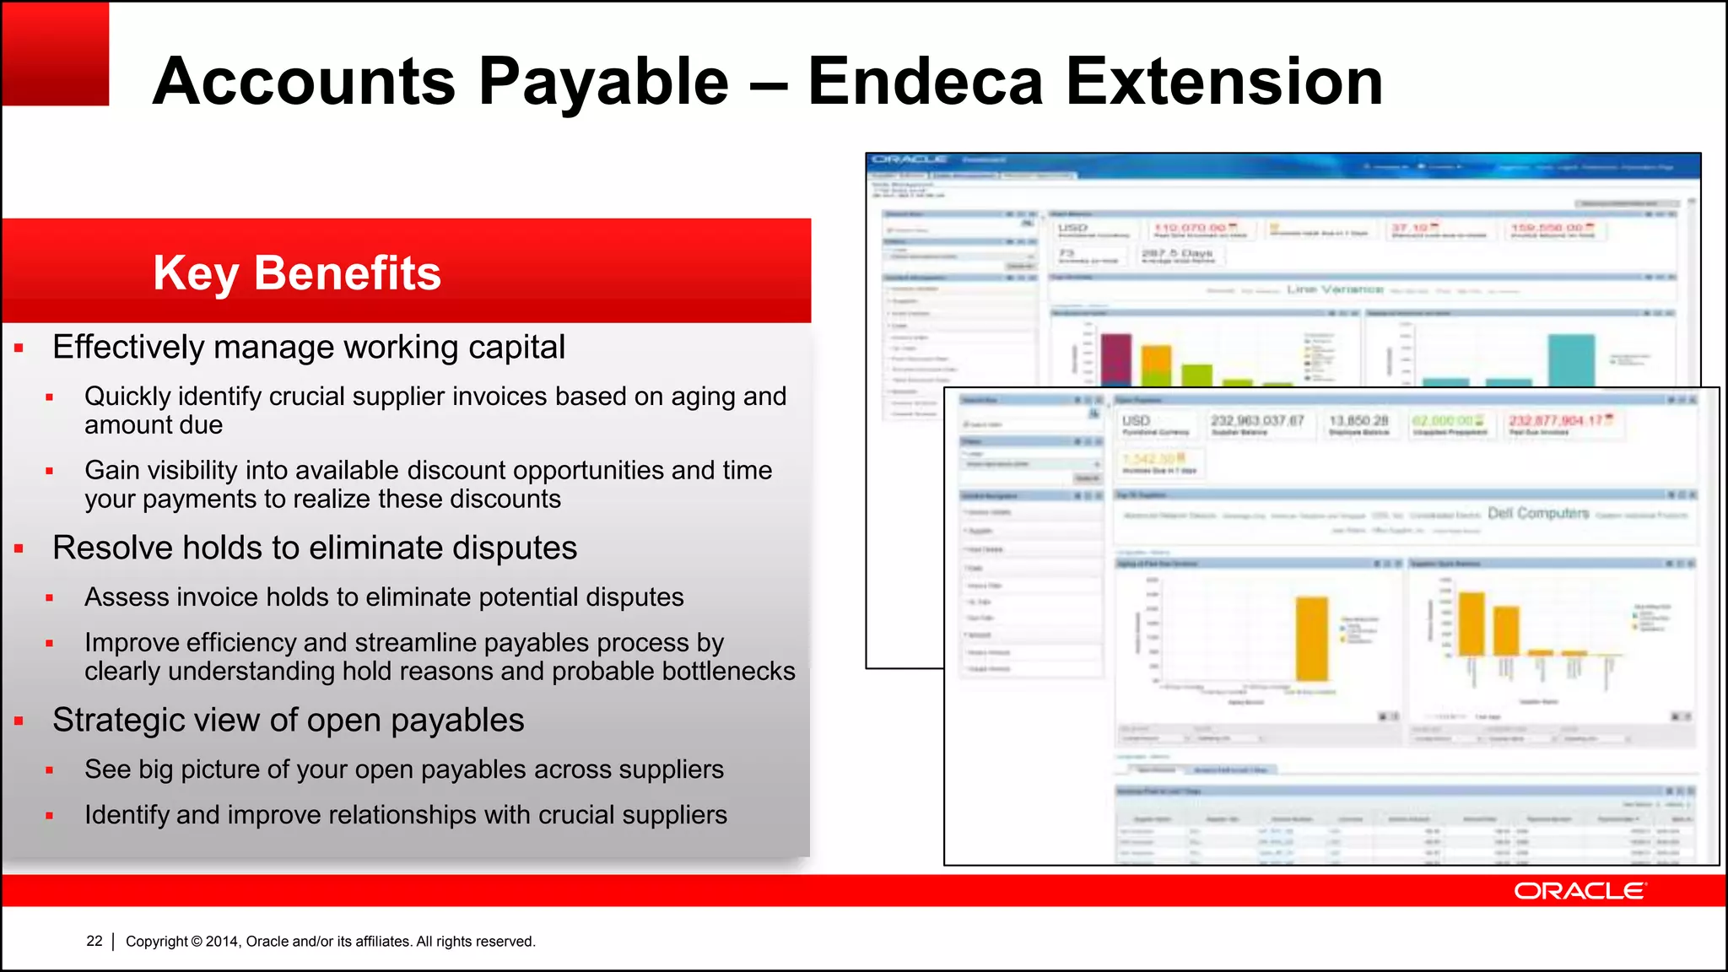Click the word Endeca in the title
tap(926, 82)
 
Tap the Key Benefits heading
tap(297, 273)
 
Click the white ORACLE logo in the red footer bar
tap(1579, 891)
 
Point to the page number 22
tap(94, 941)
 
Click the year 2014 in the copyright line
tap(222, 942)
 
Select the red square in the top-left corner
tap(56, 53)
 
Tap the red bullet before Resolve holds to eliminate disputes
tap(19, 549)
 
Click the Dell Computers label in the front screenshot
tap(1538, 513)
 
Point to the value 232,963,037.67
tap(1258, 420)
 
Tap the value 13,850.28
tap(1358, 420)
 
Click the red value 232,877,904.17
tap(1560, 420)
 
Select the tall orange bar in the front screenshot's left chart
tap(1312, 639)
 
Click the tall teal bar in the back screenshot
tap(1570, 360)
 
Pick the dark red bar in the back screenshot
tap(1116, 360)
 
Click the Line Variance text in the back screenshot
tap(1335, 289)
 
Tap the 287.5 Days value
tap(1177, 253)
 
